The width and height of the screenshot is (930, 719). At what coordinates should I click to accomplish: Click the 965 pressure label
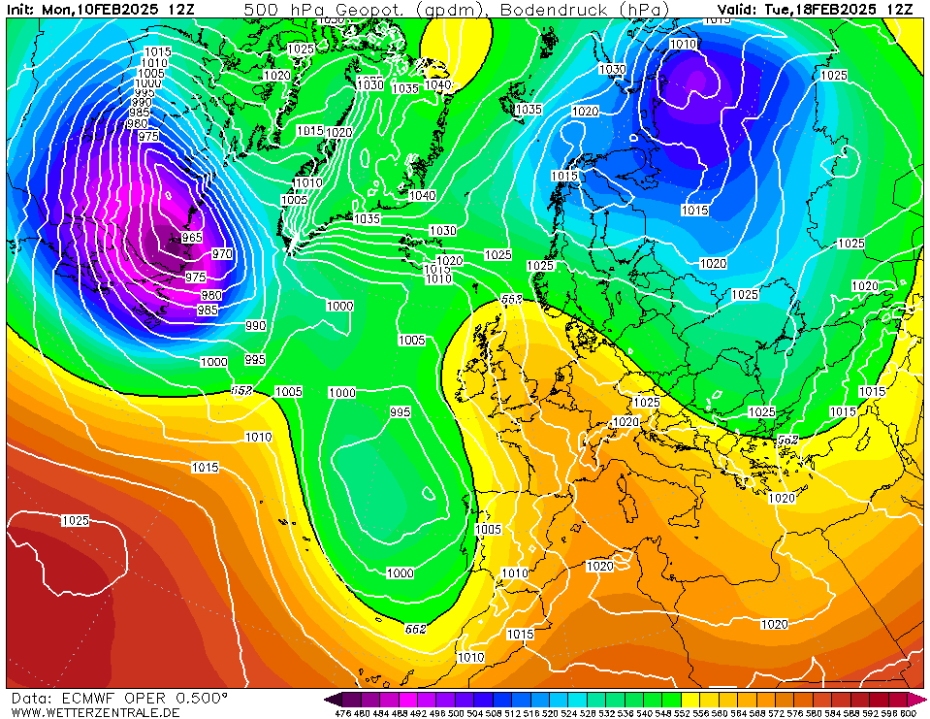point(192,238)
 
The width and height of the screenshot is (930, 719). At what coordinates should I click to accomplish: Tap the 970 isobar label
point(222,254)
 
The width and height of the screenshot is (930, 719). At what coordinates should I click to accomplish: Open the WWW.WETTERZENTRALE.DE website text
point(95,712)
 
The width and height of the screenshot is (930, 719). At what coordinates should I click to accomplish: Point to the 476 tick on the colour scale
point(342,713)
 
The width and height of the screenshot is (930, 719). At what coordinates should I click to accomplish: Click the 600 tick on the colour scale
point(908,713)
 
